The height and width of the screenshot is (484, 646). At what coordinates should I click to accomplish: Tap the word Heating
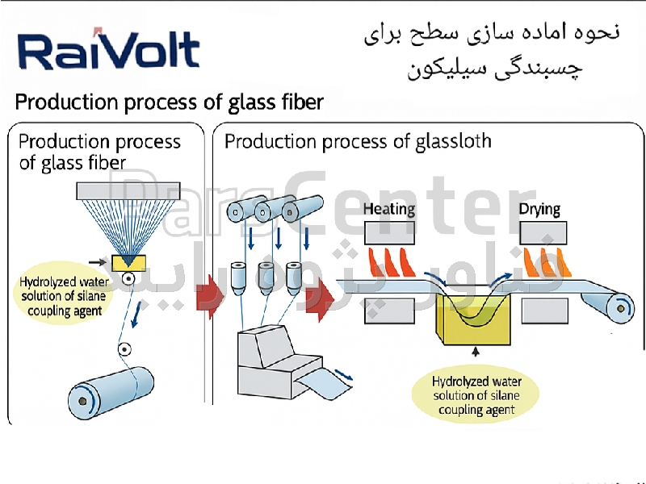point(389,210)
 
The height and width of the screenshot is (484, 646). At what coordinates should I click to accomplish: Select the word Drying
point(539,210)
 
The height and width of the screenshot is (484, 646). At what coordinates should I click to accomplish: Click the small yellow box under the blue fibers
point(128,262)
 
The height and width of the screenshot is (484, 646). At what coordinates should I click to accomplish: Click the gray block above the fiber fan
point(128,190)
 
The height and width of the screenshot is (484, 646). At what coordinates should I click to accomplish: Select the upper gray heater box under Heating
point(391,234)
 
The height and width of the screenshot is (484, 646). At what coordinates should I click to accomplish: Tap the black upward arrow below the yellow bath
point(476,352)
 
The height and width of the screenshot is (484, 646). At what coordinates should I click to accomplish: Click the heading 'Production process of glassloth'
point(358,142)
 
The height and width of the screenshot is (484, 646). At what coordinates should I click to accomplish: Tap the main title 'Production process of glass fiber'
point(170,102)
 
